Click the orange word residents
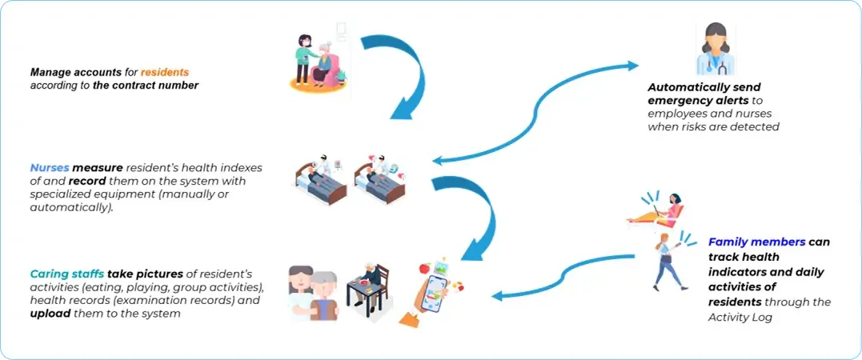[x=171, y=71]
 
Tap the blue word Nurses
[x=50, y=168]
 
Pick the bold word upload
[x=53, y=314]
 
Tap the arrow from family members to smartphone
[x=560, y=276]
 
